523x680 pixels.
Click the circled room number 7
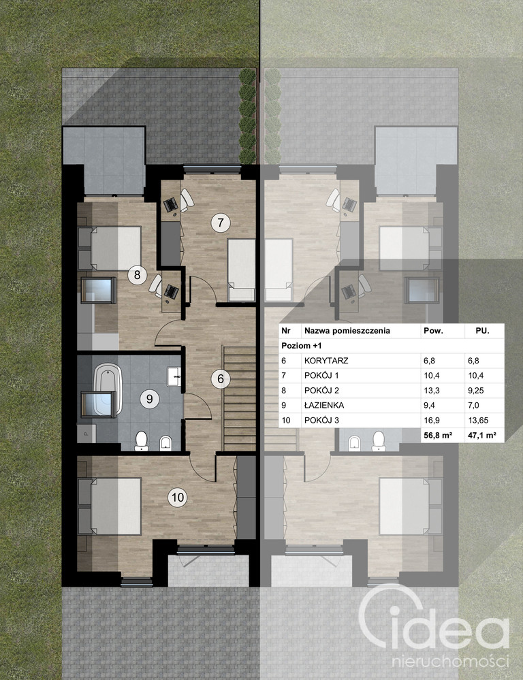coord(221,223)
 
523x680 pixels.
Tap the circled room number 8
coord(137,274)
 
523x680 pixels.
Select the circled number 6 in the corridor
coord(221,378)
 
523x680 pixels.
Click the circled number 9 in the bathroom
coord(149,398)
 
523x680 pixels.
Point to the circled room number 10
coord(178,497)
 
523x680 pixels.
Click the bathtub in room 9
coord(107,389)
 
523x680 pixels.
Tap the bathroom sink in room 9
coord(174,376)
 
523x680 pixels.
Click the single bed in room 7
coord(241,270)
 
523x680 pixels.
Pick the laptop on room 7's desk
coord(171,203)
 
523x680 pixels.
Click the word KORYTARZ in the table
coord(326,360)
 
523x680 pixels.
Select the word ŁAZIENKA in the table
coord(323,405)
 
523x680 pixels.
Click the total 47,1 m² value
coord(482,436)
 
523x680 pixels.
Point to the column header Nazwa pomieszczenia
coord(347,331)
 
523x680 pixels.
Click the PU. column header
coord(482,330)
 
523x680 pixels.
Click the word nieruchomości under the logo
coord(451,662)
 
